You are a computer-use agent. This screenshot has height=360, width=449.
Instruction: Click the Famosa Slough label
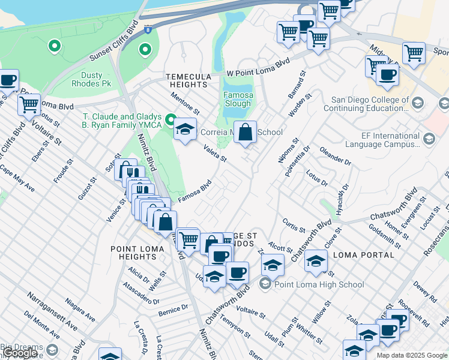click(x=238, y=100)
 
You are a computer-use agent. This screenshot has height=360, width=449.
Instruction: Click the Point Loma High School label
click(x=319, y=284)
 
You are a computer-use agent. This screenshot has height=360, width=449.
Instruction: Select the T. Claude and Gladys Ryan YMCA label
click(x=122, y=121)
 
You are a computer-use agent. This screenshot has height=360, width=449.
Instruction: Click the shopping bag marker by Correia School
click(x=246, y=132)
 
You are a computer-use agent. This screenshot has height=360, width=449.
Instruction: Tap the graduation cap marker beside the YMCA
click(x=185, y=129)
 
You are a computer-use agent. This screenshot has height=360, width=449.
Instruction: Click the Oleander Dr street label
click(x=335, y=155)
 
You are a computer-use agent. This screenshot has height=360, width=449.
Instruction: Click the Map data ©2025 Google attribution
click(x=412, y=355)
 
